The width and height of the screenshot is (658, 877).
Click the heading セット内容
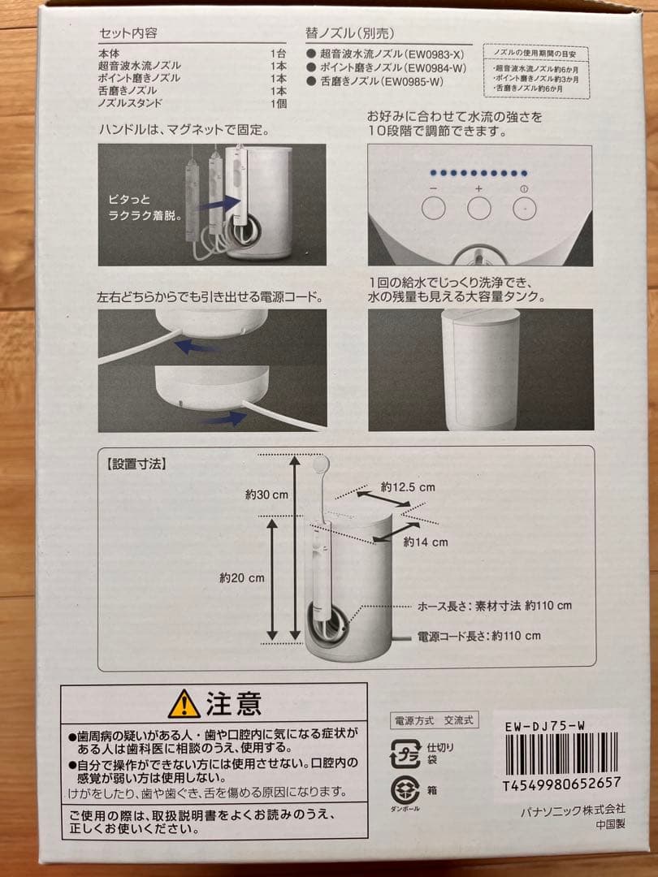[128, 33]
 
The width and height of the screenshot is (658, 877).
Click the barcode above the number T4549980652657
[561, 754]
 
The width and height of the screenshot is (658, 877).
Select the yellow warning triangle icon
[184, 704]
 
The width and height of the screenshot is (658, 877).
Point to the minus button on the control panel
[434, 207]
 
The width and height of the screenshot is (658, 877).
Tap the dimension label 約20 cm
[241, 578]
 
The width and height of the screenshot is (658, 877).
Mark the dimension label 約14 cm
[425, 542]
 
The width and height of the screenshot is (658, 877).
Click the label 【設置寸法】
[136, 465]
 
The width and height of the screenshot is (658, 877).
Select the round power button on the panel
[524, 207]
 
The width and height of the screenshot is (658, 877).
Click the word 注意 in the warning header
[233, 703]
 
